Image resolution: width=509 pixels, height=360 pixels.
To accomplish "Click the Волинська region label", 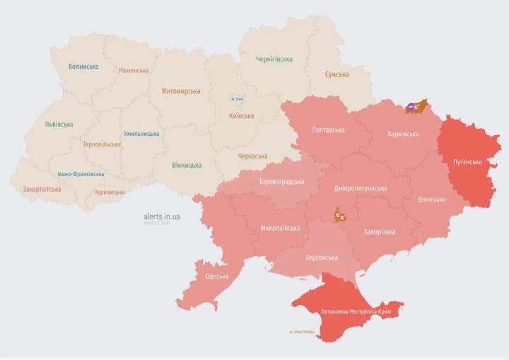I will (x=83, y=66).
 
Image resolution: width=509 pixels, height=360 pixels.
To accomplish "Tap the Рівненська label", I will (x=134, y=70).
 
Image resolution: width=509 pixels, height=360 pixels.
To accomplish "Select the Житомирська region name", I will (x=180, y=91).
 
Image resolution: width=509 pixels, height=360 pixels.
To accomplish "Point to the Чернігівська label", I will (x=274, y=59).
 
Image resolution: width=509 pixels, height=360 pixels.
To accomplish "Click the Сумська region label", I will (x=337, y=74).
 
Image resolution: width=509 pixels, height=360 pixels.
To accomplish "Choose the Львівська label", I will (x=59, y=124).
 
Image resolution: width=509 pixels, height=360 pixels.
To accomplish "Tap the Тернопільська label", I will (x=101, y=144).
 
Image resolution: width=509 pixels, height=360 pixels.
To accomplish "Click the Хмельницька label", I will (x=141, y=134).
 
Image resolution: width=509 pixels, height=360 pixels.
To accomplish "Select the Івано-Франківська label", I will (x=81, y=174).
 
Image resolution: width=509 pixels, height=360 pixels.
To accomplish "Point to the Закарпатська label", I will (x=42, y=190).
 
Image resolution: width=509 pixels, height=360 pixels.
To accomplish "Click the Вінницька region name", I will (x=186, y=166).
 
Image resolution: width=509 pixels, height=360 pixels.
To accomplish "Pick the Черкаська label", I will (x=252, y=156).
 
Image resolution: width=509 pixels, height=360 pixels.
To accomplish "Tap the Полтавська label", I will (x=328, y=130).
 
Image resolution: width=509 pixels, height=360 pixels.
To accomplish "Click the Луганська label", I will (x=467, y=162).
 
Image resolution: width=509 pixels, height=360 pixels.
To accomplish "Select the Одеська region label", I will (x=216, y=277).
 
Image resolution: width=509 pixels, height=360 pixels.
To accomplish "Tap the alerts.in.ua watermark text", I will (x=162, y=216).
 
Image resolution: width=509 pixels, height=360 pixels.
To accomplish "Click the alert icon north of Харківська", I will (x=416, y=107).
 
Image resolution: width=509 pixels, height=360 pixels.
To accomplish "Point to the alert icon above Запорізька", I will (x=341, y=214).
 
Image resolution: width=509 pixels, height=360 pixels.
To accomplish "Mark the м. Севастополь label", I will (x=301, y=332).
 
